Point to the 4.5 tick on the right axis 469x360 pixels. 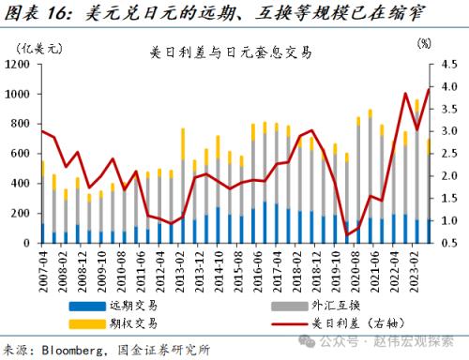coord(448,65)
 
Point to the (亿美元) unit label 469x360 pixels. coord(43,43)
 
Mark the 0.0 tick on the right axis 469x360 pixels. coord(448,243)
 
